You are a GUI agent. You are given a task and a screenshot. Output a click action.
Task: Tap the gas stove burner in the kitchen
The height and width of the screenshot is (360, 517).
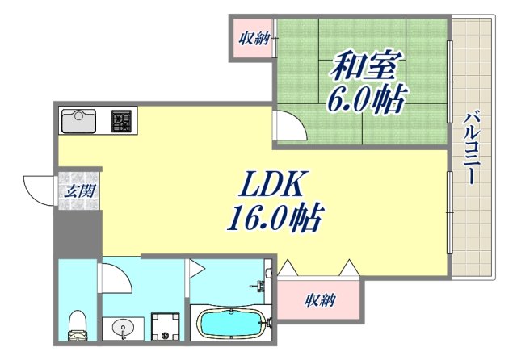pyautogui.click(x=122, y=121)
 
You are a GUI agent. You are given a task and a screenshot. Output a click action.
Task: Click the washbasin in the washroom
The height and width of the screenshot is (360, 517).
pyautogui.click(x=123, y=328)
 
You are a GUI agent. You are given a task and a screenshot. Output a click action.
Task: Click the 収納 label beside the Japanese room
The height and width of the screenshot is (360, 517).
pyautogui.click(x=253, y=37)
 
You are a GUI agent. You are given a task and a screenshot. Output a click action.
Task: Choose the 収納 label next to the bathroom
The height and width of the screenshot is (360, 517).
pyautogui.click(x=321, y=301)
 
